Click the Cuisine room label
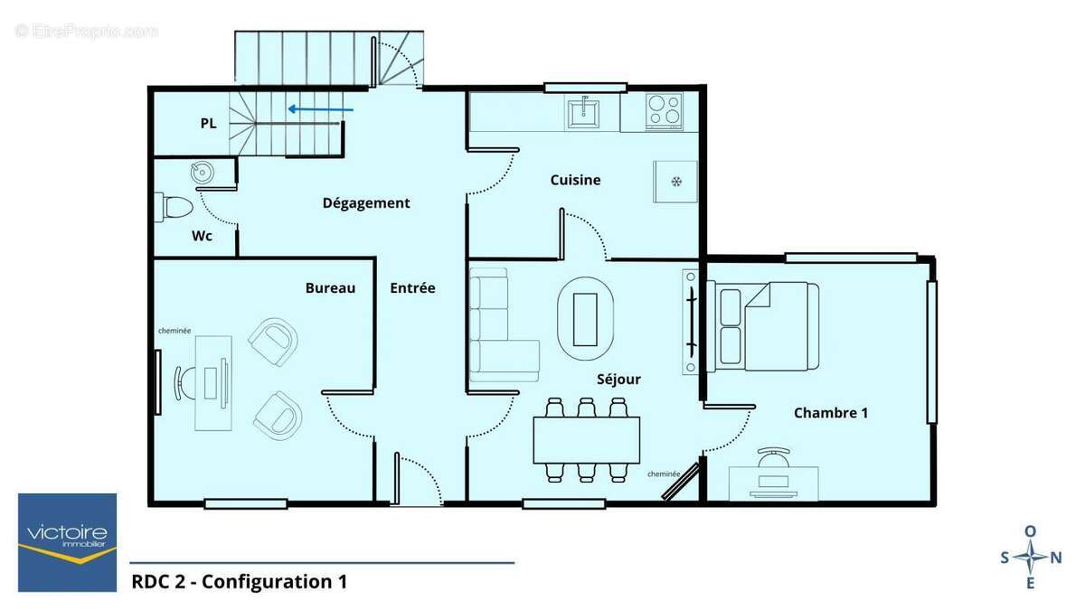575,180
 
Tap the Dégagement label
366,203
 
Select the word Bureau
330,288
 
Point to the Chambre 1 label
831,413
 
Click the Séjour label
618,380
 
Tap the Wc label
202,236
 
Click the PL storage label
208,124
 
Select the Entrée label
412,288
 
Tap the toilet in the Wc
175,207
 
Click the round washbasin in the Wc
201,173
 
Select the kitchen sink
585,111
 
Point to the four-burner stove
665,110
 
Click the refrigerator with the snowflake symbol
675,182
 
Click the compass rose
1031,558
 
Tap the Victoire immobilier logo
68,541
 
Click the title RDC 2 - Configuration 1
239,581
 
